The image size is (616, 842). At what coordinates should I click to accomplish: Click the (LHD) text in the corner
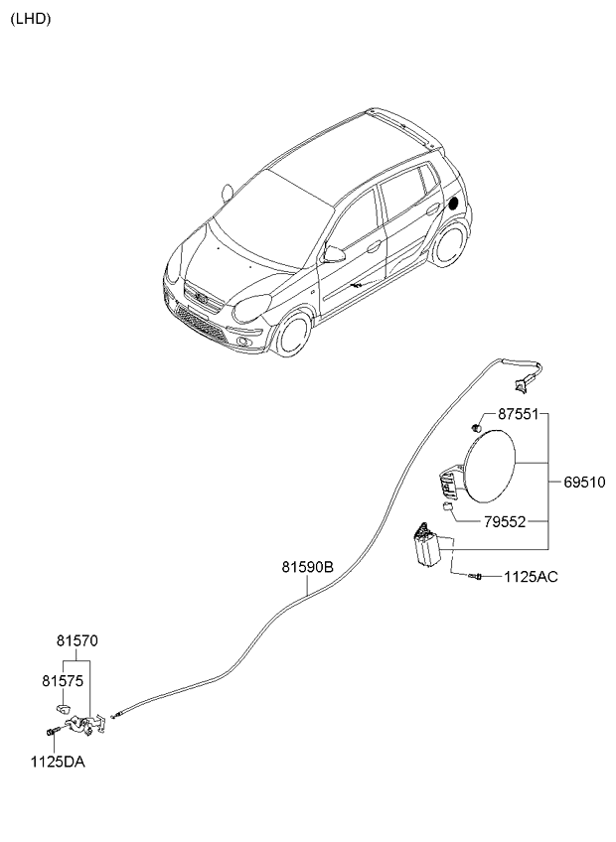click(x=31, y=18)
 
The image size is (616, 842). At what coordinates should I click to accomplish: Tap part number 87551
click(x=517, y=414)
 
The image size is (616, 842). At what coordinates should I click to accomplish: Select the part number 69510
click(x=585, y=484)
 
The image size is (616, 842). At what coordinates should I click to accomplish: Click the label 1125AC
click(x=531, y=576)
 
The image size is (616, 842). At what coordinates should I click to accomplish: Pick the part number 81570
click(x=77, y=642)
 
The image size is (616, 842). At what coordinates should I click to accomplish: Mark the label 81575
click(x=62, y=681)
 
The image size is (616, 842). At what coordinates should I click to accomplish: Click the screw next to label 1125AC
click(x=476, y=576)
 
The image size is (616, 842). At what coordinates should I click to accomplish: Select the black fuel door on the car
click(x=455, y=203)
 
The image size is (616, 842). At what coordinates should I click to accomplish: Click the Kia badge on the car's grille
click(x=201, y=296)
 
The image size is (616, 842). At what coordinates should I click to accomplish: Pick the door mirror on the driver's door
click(x=334, y=255)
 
